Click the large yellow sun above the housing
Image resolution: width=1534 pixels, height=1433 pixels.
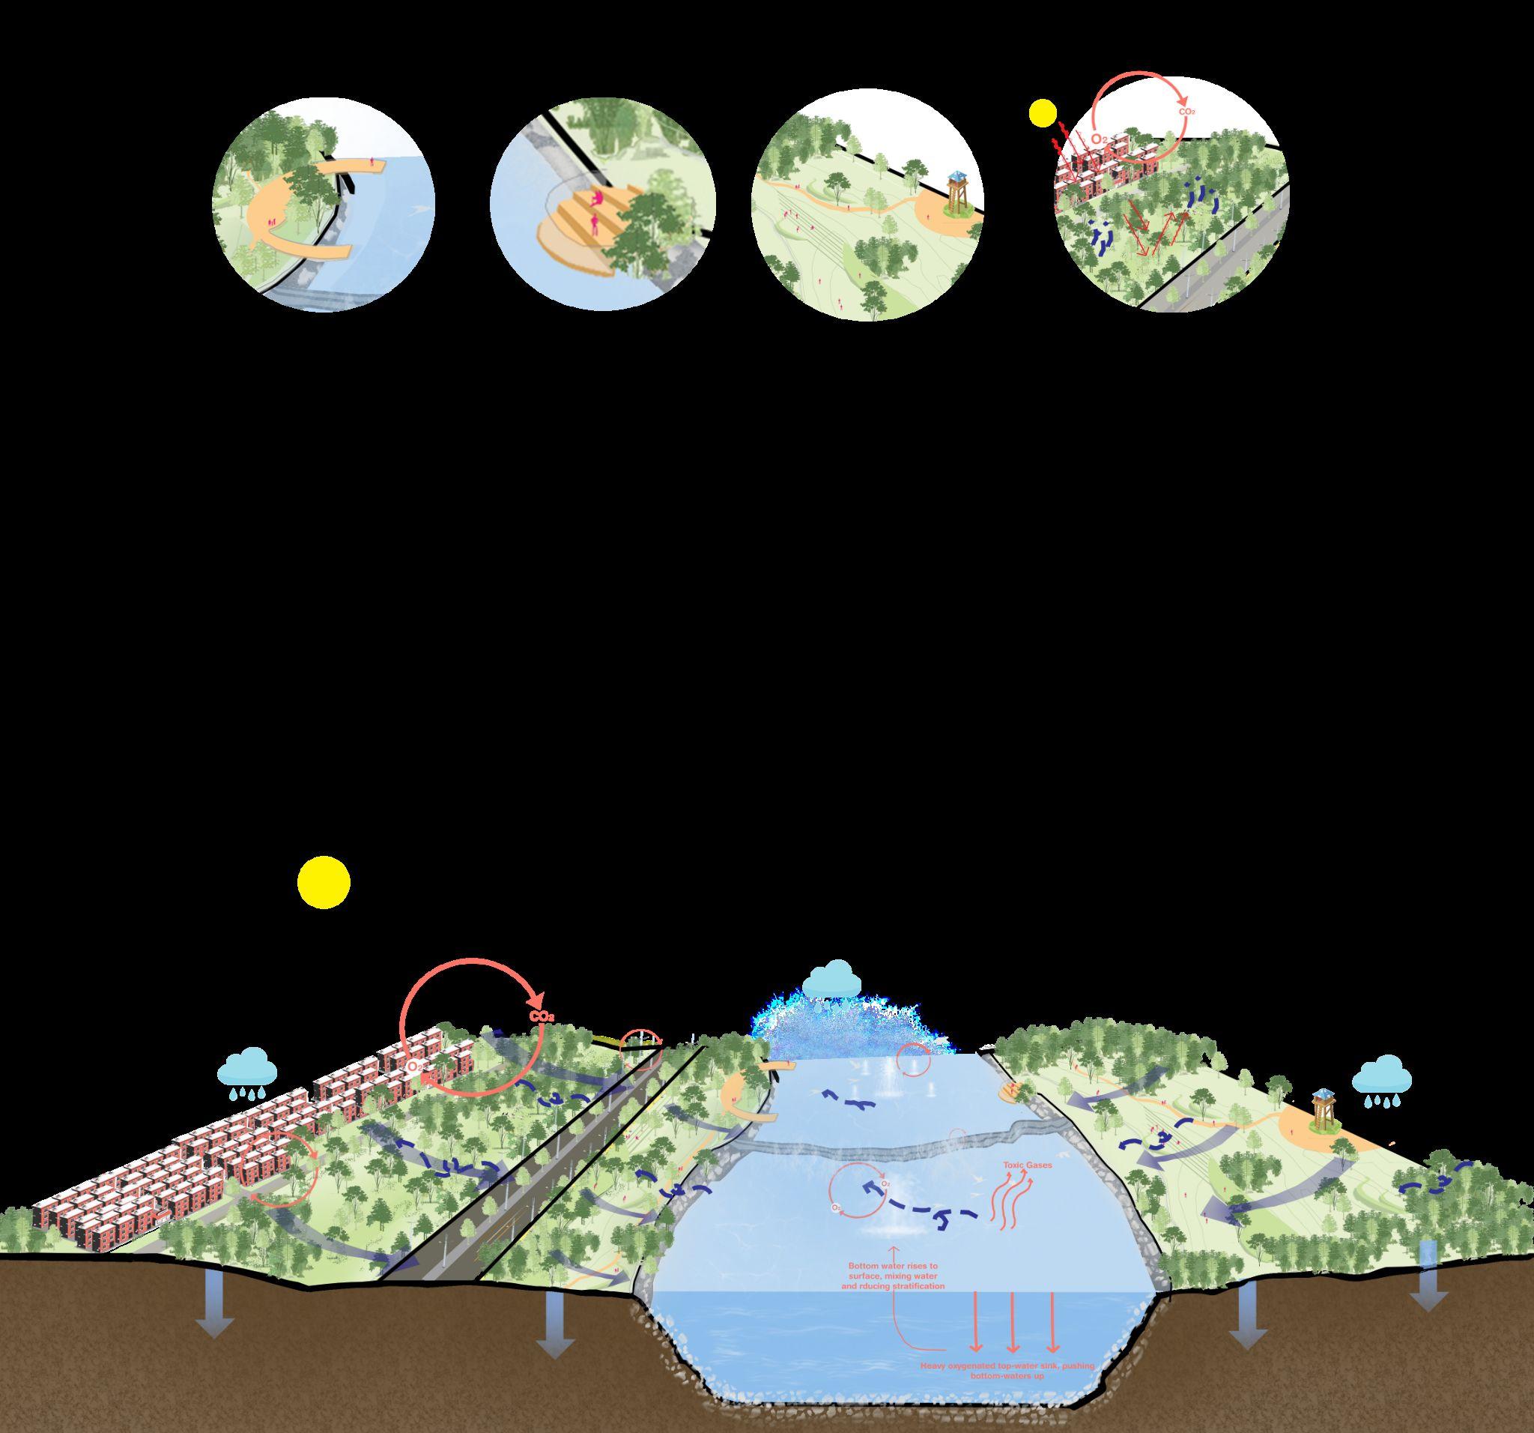(x=324, y=881)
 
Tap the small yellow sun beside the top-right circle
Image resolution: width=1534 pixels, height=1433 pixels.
(x=1042, y=113)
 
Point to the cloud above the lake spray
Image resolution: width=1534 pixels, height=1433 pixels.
(x=831, y=981)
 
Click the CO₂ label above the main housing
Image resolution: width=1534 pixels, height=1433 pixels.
(x=542, y=1017)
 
